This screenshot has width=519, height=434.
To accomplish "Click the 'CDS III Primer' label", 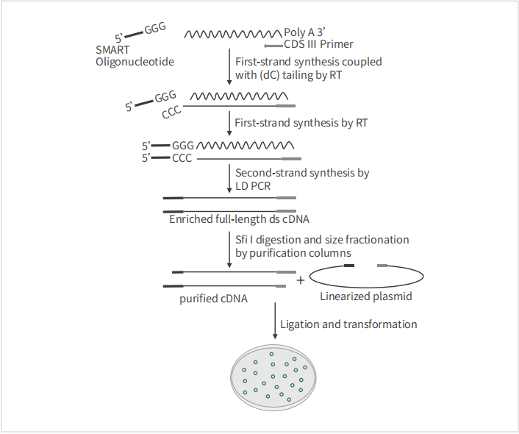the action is point(318,44).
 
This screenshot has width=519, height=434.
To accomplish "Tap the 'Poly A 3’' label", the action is point(305,32).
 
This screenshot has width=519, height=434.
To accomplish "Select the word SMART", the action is point(112,50).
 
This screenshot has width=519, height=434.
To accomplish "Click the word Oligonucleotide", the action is point(135,62).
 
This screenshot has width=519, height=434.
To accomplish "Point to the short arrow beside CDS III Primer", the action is point(273,46).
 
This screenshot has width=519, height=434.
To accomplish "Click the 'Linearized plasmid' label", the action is point(366,296).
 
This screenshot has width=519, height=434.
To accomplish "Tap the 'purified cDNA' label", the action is point(213,299).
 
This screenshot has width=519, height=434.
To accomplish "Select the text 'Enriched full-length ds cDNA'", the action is point(240,219).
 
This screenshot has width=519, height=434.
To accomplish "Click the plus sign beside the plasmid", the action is point(301,280).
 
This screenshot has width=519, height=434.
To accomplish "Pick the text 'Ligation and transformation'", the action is point(348,324).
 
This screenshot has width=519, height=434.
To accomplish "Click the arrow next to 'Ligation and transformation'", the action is point(275,321).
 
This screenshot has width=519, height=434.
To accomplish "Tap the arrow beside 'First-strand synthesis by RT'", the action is point(229,124).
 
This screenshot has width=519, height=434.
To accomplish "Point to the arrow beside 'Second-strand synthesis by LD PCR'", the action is point(229,178).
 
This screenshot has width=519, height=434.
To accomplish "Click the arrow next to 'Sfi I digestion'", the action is point(229,249).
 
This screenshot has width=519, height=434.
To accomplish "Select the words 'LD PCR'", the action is point(253,186).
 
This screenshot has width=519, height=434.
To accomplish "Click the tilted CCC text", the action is point(171,112).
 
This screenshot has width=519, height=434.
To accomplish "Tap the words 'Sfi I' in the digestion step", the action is point(244,240).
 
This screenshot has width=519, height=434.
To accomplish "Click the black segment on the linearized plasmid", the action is point(349,266).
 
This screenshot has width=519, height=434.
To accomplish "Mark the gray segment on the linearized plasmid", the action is point(382,266).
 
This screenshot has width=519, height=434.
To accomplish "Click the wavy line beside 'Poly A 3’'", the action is point(233,34).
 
